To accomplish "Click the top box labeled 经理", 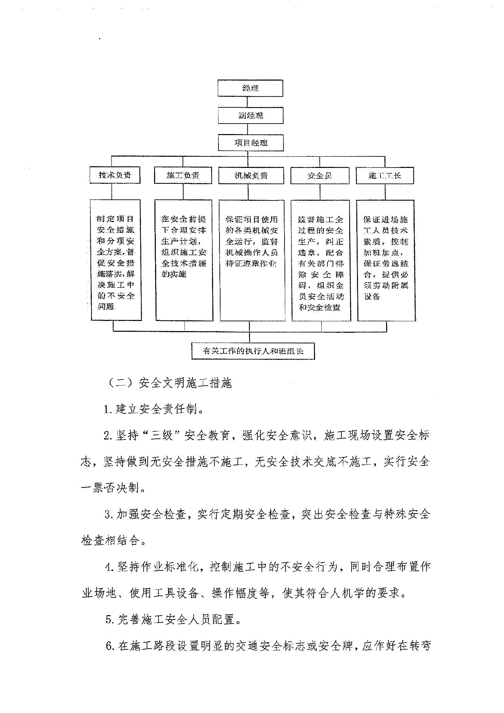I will pyautogui.click(x=250, y=88).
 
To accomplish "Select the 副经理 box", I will pyautogui.click(x=250, y=115).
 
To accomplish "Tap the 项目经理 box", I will pyautogui.click(x=251, y=143).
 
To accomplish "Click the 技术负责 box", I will pyautogui.click(x=115, y=175).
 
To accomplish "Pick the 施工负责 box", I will pyautogui.click(x=183, y=176).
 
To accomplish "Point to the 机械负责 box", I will pyautogui.click(x=251, y=176).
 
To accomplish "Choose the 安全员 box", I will pyautogui.click(x=320, y=176).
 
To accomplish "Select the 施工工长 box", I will pyautogui.click(x=385, y=176).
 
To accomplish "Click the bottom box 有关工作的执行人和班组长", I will pyautogui.click(x=253, y=351).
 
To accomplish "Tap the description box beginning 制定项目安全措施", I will pyautogui.click(x=116, y=260).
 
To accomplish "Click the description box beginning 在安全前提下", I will pyautogui.click(x=184, y=260).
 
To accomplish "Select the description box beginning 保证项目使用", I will pyautogui.click(x=252, y=260).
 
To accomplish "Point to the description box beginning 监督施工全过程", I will pyautogui.click(x=321, y=260).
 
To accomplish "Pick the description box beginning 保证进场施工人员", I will pyautogui.click(x=386, y=260).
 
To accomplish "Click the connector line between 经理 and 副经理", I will pyautogui.click(x=248, y=102).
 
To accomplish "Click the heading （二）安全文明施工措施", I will pyautogui.click(x=169, y=383).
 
